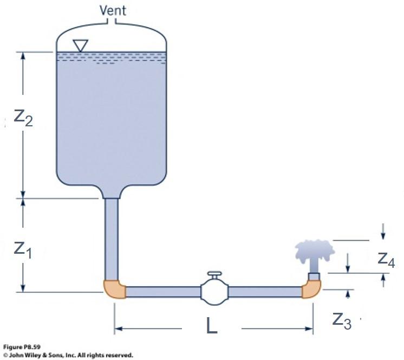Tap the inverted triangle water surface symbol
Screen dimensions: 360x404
click(80, 46)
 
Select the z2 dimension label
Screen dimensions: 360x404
click(23, 117)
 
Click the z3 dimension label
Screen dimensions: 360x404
click(341, 320)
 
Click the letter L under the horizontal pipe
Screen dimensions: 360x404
click(212, 326)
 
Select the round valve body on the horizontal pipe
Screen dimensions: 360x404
click(214, 292)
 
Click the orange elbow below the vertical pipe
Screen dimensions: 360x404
click(114, 289)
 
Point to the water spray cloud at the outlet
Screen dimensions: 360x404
click(314, 251)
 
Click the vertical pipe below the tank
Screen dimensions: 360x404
click(112, 239)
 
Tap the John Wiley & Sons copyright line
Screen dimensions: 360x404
click(68, 355)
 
